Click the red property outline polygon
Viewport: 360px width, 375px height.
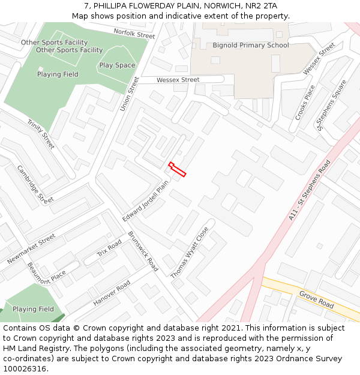[178, 170]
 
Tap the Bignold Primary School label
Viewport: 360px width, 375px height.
[250, 45]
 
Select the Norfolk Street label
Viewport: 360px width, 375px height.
[134, 34]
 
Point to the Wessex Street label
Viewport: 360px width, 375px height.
[178, 80]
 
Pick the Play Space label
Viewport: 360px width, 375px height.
[117, 65]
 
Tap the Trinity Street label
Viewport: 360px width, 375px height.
[41, 134]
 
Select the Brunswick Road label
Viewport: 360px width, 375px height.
[143, 251]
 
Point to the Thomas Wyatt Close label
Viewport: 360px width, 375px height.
[190, 252]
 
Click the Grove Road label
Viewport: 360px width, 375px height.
[316, 300]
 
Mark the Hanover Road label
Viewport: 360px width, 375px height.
[112, 293]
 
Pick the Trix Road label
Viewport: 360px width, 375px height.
[109, 248]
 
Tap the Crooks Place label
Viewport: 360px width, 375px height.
[305, 102]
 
